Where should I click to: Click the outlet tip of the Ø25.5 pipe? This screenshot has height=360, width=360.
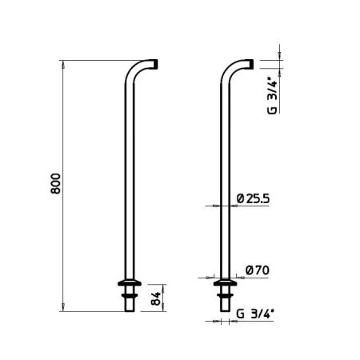click(x=249, y=64)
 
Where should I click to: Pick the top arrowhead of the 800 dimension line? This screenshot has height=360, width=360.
click(x=63, y=62)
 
